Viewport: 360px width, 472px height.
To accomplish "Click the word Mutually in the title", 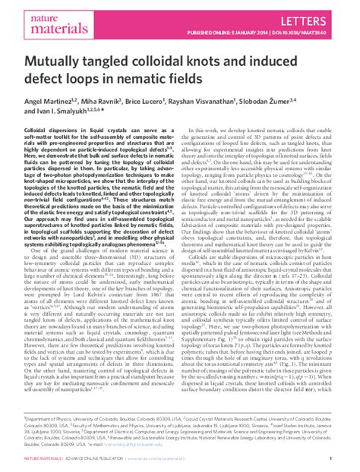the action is point(52,61).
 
